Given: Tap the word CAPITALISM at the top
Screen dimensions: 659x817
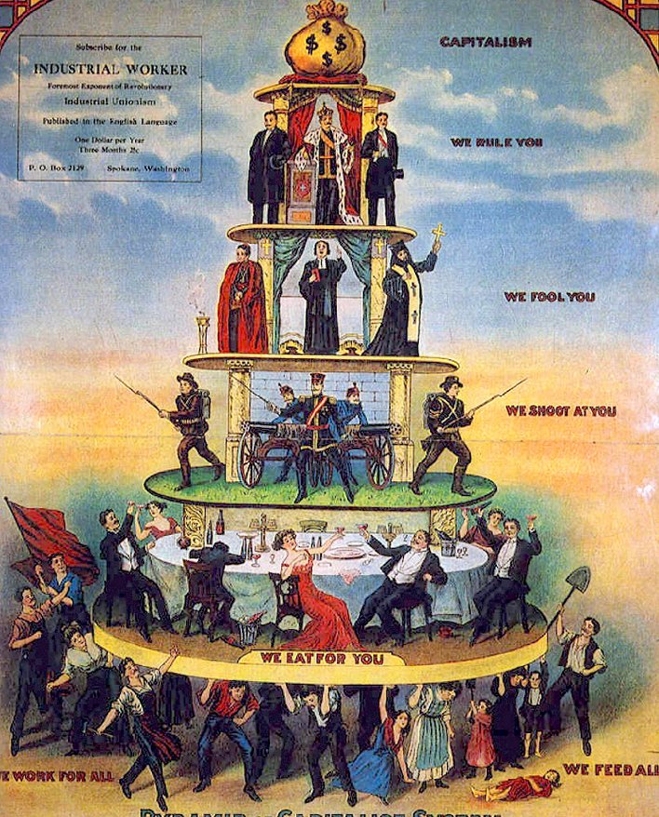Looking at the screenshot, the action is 485,42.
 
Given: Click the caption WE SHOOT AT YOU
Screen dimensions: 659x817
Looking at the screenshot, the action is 560,410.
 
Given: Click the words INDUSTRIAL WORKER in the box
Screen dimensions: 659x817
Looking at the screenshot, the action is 110,70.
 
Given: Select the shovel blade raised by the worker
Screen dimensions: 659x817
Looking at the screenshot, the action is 578,583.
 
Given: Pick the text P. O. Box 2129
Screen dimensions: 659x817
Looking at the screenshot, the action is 54,168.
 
